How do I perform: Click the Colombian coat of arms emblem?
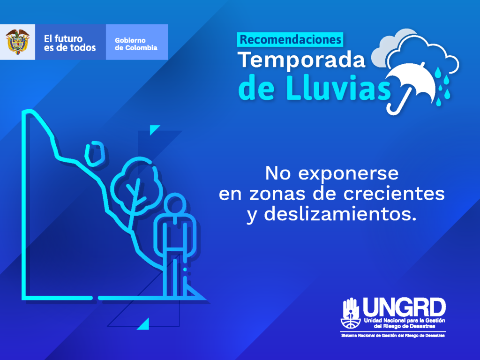(x=17, y=42)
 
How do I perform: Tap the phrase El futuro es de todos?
(x=70, y=43)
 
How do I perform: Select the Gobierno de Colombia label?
(x=136, y=44)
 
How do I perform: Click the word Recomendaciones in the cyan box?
(x=290, y=39)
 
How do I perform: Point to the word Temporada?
(x=301, y=60)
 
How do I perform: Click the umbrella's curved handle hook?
(x=395, y=108)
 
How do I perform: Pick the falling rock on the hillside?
(x=95, y=154)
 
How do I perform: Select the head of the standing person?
(x=175, y=204)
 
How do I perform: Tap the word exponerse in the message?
(x=348, y=174)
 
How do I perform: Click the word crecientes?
(x=394, y=194)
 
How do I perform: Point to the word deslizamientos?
(x=340, y=214)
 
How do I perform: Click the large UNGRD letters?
(x=404, y=307)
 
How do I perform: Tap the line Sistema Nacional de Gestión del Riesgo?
(x=393, y=336)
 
